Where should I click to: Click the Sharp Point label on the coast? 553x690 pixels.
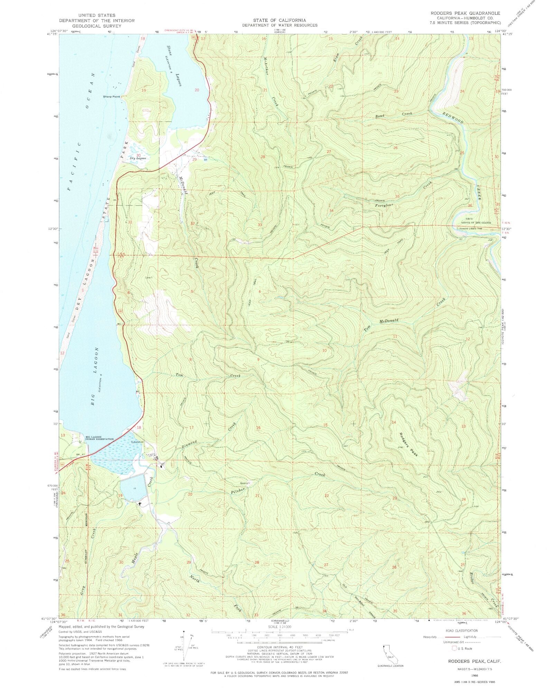[111, 96]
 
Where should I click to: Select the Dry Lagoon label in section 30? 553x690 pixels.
[138, 158]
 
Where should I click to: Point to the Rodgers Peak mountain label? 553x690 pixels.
[409, 445]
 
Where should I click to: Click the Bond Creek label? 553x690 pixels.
[394, 114]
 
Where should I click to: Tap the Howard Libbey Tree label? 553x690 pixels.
[470, 229]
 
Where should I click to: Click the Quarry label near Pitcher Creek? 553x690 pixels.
[244, 483]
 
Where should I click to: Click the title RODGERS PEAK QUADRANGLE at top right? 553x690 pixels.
[465, 13]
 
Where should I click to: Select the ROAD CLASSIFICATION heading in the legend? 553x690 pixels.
[462, 631]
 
